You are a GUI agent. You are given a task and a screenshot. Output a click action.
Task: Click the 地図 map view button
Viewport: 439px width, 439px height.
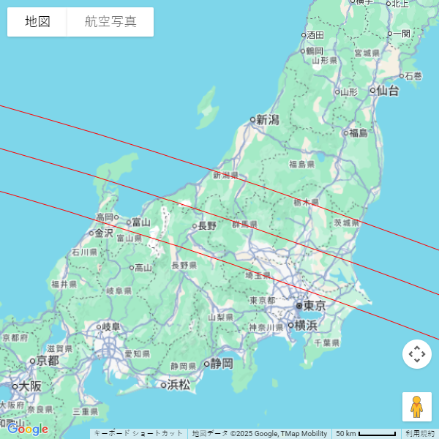37,22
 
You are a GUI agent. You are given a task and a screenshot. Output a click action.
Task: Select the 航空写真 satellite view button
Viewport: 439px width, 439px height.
110,22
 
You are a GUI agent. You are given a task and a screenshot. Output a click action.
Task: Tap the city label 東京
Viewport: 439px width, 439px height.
315,306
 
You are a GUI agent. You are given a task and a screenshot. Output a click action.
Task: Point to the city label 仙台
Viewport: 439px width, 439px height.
388,91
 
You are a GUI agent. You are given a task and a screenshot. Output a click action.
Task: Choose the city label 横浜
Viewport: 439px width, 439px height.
306,326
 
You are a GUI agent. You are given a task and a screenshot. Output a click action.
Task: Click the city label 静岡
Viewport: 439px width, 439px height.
222,363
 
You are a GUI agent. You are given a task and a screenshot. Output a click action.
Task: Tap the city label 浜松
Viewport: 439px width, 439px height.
179,384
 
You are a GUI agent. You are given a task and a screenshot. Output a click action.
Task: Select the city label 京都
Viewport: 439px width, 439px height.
48,361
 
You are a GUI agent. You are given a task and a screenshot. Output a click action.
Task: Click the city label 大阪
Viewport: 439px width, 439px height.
30,386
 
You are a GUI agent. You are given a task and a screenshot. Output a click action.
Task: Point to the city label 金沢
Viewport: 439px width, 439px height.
105,233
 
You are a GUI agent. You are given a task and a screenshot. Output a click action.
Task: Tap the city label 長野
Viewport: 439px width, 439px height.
207,226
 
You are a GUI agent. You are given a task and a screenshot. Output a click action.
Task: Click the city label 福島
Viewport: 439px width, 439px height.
359,132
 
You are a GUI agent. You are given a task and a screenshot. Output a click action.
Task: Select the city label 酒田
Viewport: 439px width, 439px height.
315,35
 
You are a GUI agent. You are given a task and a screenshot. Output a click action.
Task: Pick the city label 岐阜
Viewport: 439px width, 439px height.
110,327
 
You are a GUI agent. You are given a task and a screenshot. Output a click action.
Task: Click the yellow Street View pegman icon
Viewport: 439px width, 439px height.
416,407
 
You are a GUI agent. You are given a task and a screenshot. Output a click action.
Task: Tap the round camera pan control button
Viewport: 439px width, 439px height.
416,354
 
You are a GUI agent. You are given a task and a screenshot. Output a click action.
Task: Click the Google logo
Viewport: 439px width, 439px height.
28,429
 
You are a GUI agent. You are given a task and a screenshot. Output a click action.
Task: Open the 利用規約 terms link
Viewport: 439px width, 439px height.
420,434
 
